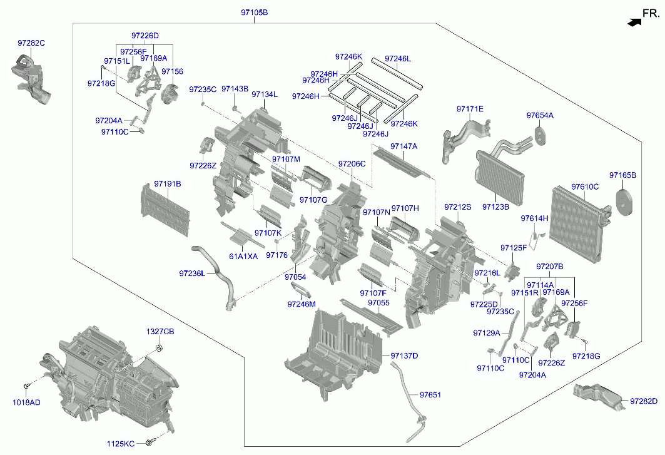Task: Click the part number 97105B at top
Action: tap(254, 13)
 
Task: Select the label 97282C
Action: tap(31, 43)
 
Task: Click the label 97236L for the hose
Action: tap(192, 273)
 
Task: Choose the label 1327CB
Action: tap(161, 331)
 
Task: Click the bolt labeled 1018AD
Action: tap(27, 386)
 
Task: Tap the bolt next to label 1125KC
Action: tap(149, 443)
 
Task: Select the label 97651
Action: tap(430, 395)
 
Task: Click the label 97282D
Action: tap(644, 401)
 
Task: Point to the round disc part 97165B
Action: tap(624, 203)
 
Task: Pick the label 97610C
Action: tap(585, 187)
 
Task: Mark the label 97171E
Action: tap(470, 109)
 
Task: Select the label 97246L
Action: tap(398, 58)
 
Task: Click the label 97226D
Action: tap(145, 36)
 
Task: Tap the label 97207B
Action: tap(550, 267)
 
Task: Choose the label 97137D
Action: tap(404, 355)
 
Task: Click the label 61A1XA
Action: tap(243, 256)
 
